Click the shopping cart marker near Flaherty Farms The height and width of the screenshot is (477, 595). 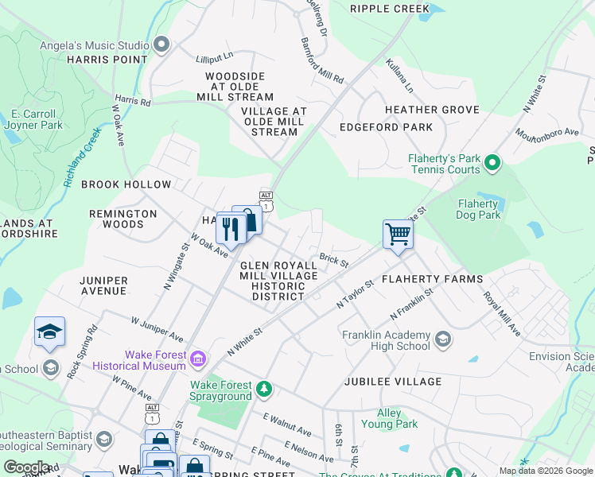(x=398, y=235)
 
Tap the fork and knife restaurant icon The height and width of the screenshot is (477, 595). (x=230, y=228)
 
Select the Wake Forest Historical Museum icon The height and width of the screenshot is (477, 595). (x=196, y=362)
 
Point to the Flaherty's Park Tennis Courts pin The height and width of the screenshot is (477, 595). (x=492, y=164)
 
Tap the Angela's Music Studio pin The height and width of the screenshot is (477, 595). (x=162, y=45)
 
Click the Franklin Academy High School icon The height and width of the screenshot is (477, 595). (x=442, y=341)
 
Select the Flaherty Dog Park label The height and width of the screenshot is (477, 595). (x=479, y=209)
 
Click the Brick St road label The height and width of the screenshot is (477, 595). (x=333, y=260)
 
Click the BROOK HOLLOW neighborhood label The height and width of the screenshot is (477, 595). (x=126, y=184)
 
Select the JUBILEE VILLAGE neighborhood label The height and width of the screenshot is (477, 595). (x=393, y=382)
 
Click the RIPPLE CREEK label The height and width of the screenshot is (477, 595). (x=385, y=10)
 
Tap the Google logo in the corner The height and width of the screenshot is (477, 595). (x=26, y=467)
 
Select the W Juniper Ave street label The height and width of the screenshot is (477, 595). (x=157, y=328)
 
